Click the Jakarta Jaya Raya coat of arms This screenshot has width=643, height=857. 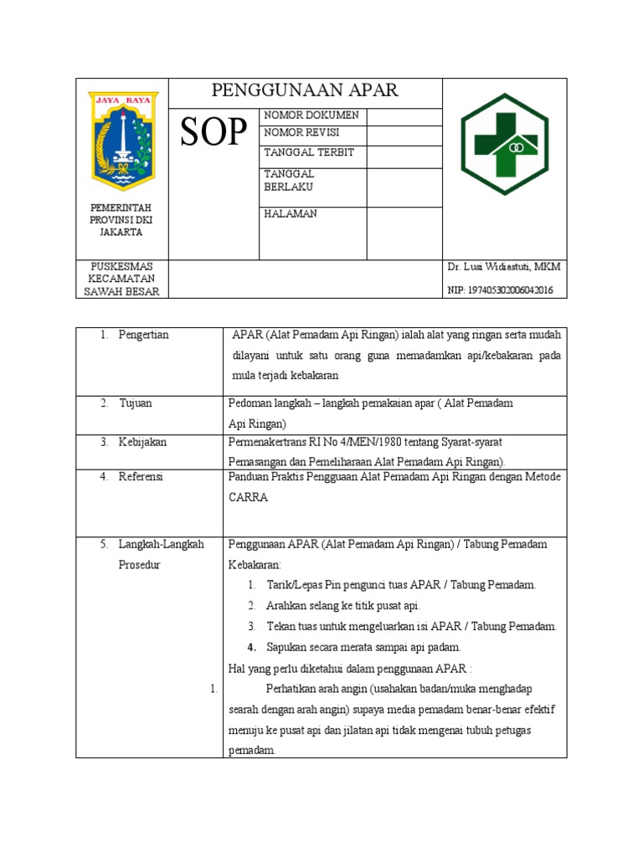tap(123, 141)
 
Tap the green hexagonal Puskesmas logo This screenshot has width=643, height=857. tap(504, 144)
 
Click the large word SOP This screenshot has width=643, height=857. tap(213, 132)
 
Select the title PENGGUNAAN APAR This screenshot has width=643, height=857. tap(305, 90)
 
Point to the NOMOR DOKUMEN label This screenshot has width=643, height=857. tap(311, 115)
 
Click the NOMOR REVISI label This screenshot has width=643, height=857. tap(301, 133)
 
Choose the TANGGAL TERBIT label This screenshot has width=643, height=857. tap(309, 152)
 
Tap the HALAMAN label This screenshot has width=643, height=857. tap(291, 213)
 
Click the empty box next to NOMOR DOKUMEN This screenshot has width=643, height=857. tap(404, 116)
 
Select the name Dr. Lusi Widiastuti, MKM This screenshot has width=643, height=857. tap(504, 267)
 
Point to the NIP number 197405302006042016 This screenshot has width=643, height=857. tap(500, 290)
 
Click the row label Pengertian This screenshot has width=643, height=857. tap(143, 335)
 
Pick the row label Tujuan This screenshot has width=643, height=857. tap(136, 403)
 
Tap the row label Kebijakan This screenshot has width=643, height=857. tap(142, 442)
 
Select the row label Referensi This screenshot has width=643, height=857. tap(141, 476)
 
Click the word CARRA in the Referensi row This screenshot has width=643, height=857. tap(248, 497)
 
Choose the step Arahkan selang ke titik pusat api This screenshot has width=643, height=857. tap(343, 605)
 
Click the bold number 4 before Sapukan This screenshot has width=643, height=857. tap(251, 647)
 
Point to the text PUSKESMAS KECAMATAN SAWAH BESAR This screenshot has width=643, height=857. tap(122, 279)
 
